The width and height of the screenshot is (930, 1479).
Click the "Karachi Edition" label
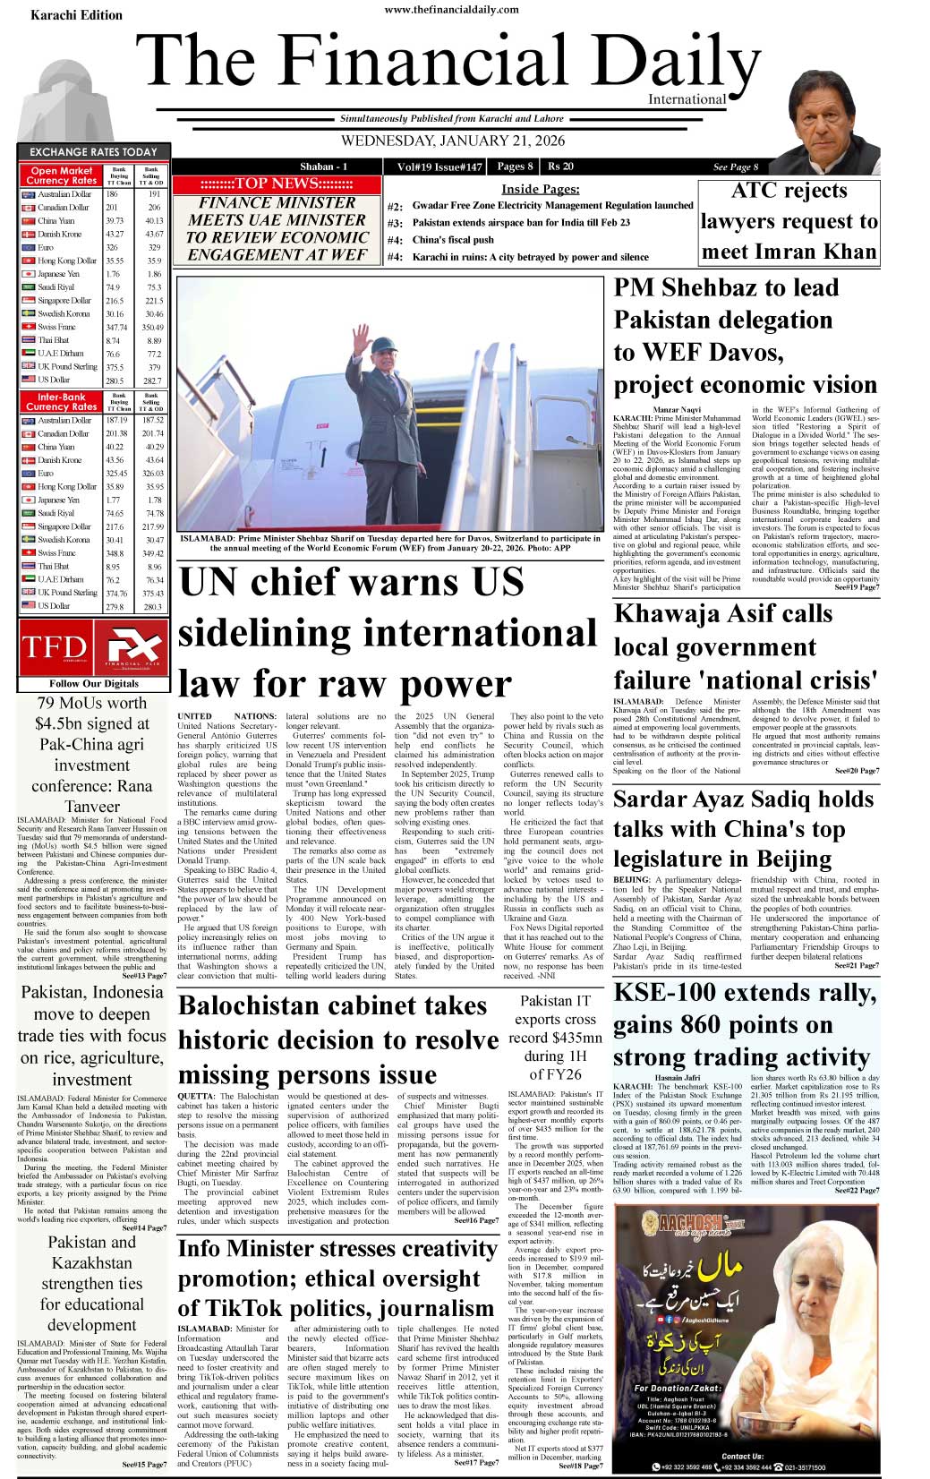pyautogui.click(x=76, y=15)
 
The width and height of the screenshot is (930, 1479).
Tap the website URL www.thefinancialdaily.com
pyautogui.click(x=451, y=9)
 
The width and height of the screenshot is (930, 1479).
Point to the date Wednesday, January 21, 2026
pyautogui.click(x=452, y=141)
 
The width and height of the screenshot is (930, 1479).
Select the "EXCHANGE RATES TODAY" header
pyautogui.click(x=93, y=152)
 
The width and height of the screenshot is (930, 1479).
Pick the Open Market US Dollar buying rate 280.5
pyautogui.click(x=115, y=380)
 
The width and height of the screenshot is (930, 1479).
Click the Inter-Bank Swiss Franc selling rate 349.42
pyautogui.click(x=153, y=553)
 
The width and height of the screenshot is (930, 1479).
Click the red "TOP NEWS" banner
pyautogui.click(x=277, y=184)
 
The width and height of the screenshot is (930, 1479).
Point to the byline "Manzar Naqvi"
pyautogui.click(x=678, y=410)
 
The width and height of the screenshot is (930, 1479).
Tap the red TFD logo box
pyautogui.click(x=55, y=647)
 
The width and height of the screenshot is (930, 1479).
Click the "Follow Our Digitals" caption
pyautogui.click(x=94, y=683)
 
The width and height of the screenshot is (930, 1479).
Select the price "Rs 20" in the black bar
pyautogui.click(x=561, y=167)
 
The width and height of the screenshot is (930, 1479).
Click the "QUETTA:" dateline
pyautogui.click(x=196, y=1097)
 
